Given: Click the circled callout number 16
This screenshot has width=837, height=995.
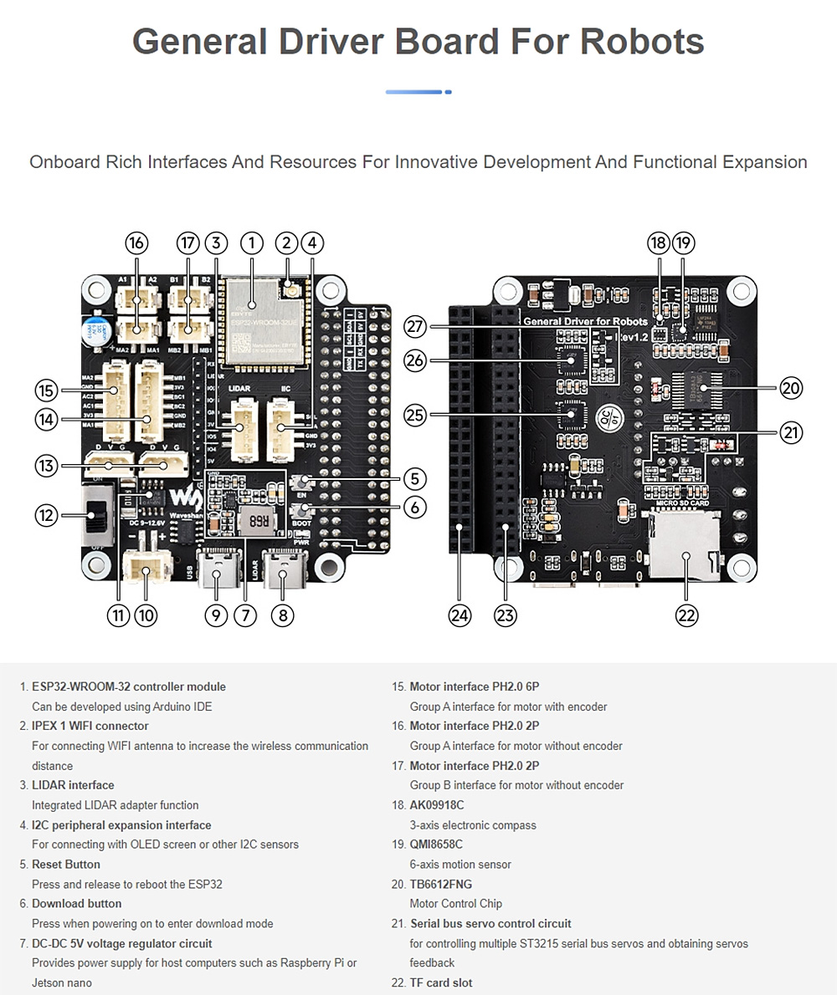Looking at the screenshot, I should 136,243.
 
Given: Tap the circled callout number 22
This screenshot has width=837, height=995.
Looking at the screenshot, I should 686,615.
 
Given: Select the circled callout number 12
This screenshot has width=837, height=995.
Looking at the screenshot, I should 46,515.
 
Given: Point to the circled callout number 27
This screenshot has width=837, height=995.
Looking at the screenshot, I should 415,326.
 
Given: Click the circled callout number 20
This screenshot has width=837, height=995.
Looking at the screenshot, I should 791,387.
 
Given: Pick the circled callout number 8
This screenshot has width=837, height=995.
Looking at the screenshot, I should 283,615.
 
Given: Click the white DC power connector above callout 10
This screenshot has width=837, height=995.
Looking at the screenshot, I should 146,572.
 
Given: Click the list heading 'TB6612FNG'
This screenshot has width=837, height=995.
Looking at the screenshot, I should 442,884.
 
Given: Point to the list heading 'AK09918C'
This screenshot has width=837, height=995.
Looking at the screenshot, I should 436,805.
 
